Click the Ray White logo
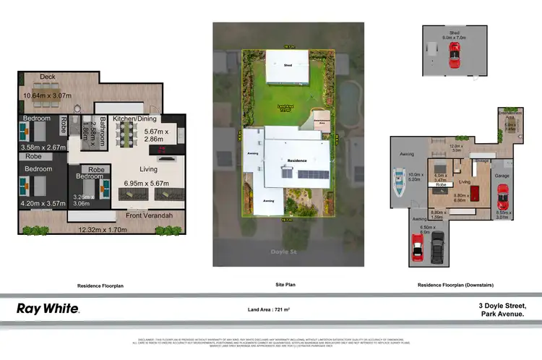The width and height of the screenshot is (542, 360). (48, 309)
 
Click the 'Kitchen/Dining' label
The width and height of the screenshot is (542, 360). (145, 118)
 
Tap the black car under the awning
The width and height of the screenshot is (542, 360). (437, 250)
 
